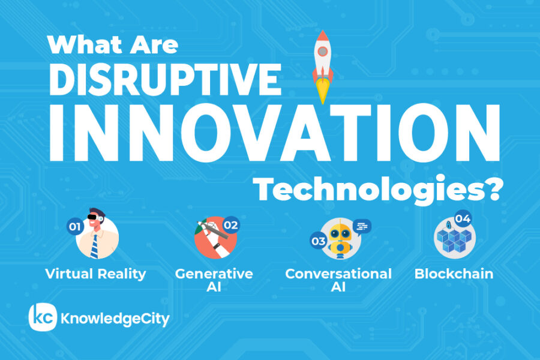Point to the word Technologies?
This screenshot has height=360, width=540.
pos(378,190)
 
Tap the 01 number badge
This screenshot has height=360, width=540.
pos(74,227)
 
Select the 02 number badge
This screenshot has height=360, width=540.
pos(231,226)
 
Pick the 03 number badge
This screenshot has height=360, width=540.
pos(318,242)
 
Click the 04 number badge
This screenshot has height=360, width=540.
pos(462,218)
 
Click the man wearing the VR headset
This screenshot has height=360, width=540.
pos(97,236)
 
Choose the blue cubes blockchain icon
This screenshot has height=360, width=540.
pos(454,240)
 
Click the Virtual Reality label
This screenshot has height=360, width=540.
pos(96,274)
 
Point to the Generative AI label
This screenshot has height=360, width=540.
pos(214,280)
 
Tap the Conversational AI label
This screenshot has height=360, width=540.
pos(338,280)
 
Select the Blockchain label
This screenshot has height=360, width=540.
pos(454,274)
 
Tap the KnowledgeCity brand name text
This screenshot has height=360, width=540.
pos(115,319)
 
